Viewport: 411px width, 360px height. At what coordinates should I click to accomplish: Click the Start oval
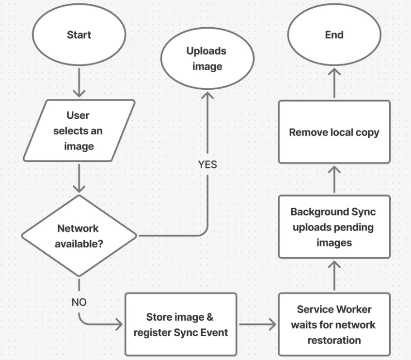79,35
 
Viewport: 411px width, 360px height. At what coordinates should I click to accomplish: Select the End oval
334,35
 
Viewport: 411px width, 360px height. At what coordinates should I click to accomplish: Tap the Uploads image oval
207,59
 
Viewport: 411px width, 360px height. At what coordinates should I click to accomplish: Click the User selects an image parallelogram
79,131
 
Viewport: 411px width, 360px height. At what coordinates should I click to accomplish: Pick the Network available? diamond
79,236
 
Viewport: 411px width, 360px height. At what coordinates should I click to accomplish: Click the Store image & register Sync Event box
180,325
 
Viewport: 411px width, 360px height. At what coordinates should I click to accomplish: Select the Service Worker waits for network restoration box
334,325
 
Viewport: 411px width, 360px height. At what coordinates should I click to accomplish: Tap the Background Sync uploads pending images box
334,227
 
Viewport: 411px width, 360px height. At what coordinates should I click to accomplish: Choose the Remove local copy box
334,132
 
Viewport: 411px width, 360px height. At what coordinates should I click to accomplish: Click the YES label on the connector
207,164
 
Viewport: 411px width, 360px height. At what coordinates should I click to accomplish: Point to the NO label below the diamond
79,302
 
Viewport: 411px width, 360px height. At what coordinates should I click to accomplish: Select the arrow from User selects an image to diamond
79,178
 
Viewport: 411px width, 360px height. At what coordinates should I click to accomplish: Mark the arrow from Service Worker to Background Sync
334,276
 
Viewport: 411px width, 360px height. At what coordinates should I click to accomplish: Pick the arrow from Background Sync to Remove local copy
334,180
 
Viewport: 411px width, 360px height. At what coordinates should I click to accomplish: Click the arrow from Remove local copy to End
334,84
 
